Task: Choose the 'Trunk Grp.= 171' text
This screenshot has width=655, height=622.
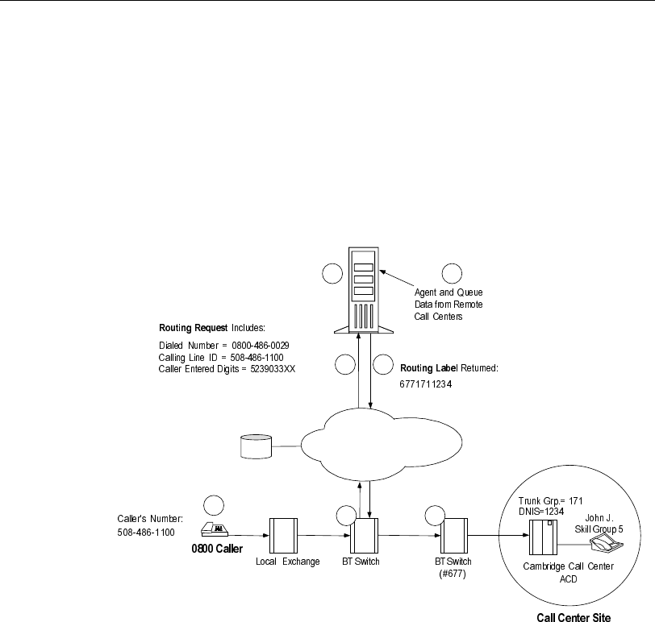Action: click(555, 500)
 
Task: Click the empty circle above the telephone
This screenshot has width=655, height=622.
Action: click(215, 505)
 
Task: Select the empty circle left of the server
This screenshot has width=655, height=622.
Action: click(332, 274)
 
